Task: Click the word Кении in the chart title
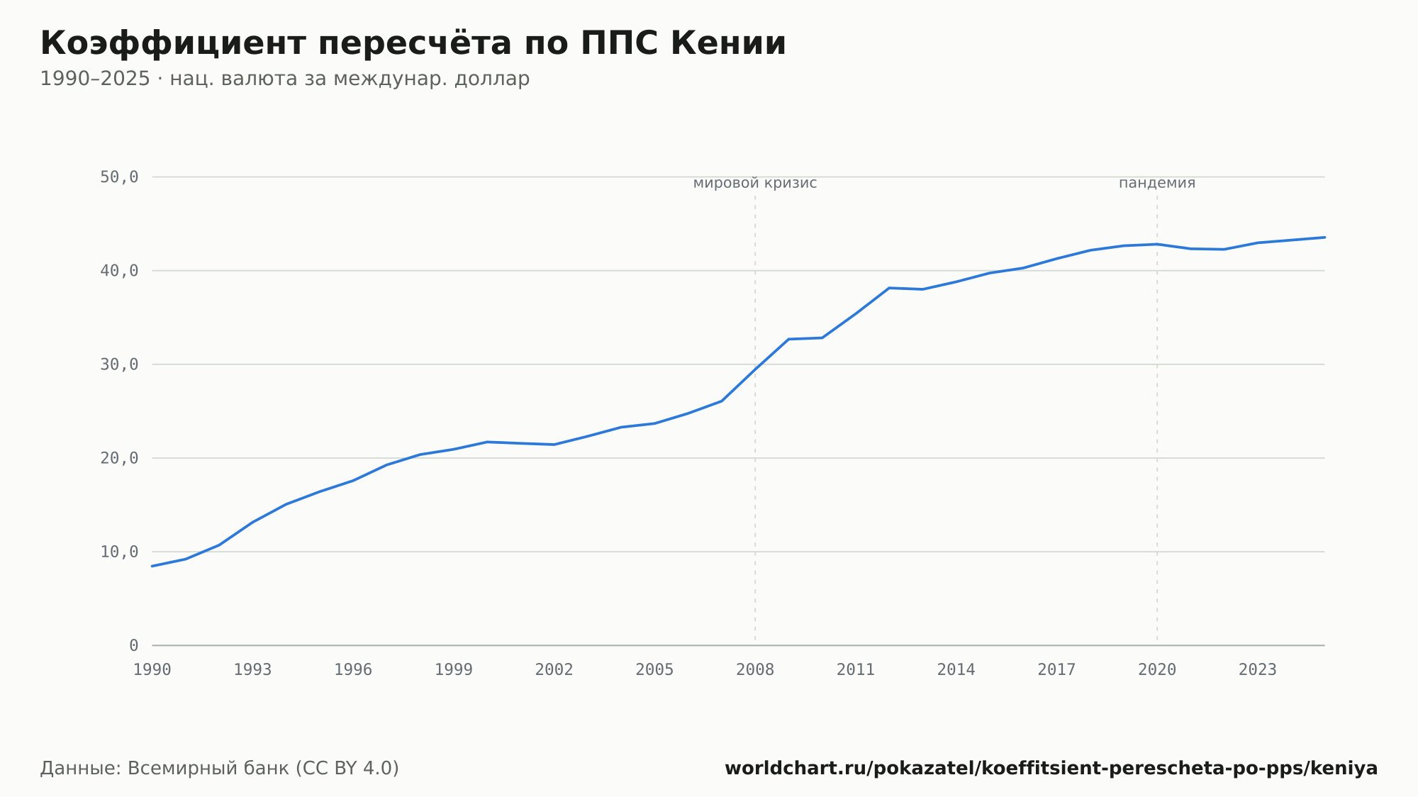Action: click(728, 43)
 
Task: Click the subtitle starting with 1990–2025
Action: click(285, 79)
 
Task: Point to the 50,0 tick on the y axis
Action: click(119, 177)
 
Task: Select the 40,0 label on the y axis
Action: click(119, 271)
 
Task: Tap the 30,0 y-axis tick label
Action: click(119, 364)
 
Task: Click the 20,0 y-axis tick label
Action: click(119, 458)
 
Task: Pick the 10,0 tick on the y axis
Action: click(119, 552)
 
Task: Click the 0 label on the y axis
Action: click(134, 645)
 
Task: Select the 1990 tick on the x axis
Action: click(152, 670)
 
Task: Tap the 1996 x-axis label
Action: click(353, 670)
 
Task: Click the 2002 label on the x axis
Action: click(554, 670)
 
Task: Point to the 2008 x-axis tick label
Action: click(755, 670)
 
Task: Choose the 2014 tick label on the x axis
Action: click(956, 670)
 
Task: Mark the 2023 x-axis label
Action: click(1258, 670)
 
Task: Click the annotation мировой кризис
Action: click(755, 184)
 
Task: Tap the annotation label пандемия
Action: click(1157, 184)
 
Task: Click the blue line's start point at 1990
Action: click(152, 566)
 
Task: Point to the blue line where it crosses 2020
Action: click(1157, 244)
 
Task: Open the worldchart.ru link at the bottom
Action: click(1051, 769)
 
